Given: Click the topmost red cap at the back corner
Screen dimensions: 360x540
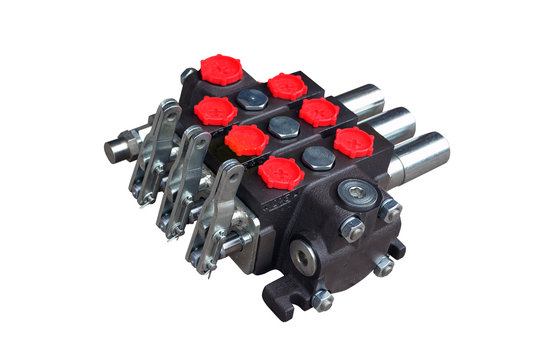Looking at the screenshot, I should (221, 69).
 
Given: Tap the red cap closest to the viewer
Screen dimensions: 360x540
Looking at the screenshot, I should (281, 173).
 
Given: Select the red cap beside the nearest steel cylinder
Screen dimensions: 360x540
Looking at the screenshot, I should (354, 142).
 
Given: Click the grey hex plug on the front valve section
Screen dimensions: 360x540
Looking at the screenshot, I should (319, 157).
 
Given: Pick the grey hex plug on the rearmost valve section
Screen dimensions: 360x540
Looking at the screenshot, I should (252, 99).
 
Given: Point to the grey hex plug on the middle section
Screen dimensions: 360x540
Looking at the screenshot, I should (285, 127).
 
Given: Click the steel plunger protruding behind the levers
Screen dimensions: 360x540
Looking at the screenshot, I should (120, 149).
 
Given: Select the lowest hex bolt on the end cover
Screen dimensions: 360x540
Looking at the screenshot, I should (320, 299).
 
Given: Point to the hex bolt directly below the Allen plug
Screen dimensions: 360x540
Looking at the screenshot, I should (353, 229).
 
